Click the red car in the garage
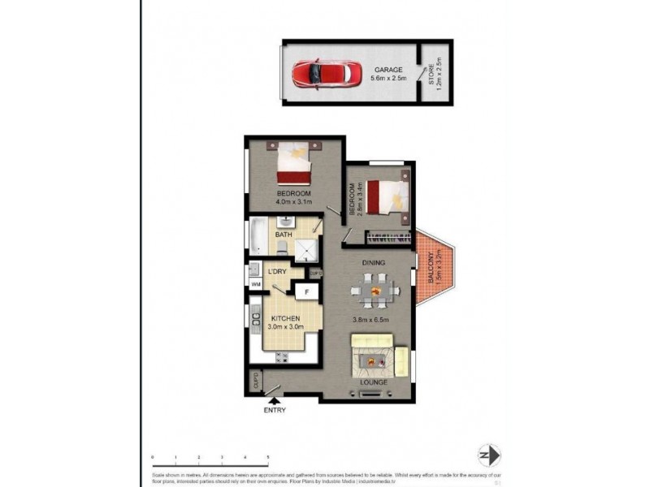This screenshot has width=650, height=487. tap(319, 74)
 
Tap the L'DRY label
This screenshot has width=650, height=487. tap(278, 272)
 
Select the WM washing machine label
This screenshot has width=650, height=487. tap(255, 285)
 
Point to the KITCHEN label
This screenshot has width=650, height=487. tap(286, 318)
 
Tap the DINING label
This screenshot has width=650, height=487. tap(374, 263)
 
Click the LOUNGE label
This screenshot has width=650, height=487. tap(375, 381)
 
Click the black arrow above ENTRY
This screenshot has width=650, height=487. tap(277, 399)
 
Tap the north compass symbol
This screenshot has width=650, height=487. tap(489, 455)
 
